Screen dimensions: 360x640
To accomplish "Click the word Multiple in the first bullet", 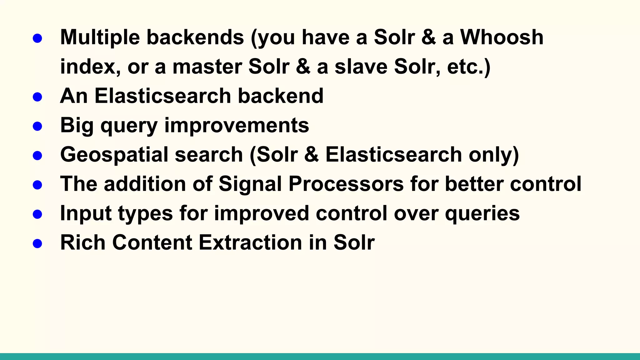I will pyautogui.click(x=100, y=37).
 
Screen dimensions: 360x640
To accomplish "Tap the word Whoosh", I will pyautogui.click(x=502, y=37).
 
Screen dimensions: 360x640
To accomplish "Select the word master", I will pyautogui.click(x=207, y=67).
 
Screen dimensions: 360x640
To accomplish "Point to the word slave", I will pyautogui.click(x=361, y=67).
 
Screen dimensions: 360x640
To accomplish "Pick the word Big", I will pyautogui.click(x=77, y=125).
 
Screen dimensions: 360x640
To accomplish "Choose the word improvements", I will pyautogui.click(x=237, y=125).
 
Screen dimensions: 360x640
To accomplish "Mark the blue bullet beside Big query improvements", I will pyautogui.click(x=37, y=126).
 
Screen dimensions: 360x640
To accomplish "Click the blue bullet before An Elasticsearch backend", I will pyautogui.click(x=37, y=97).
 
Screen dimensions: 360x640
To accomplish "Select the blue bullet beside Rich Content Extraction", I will pyautogui.click(x=37, y=243).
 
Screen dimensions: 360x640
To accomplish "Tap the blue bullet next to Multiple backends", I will pyautogui.click(x=37, y=38).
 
